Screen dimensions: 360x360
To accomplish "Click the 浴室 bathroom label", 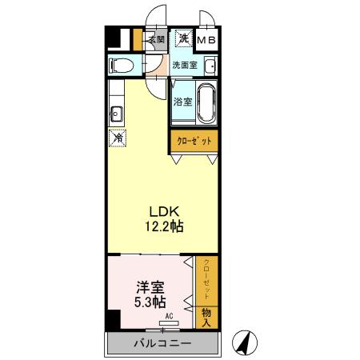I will tap(182, 102).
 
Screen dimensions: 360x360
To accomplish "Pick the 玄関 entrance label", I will tap(155, 39).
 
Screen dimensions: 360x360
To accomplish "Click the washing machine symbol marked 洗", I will tap(183, 38).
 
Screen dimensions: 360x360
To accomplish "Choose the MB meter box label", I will tap(206, 39).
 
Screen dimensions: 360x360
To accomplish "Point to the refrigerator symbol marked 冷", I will tap(117, 138).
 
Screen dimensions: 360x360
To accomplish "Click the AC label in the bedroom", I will tap(169, 317).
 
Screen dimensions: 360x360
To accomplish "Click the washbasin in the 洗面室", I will tap(211, 66).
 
